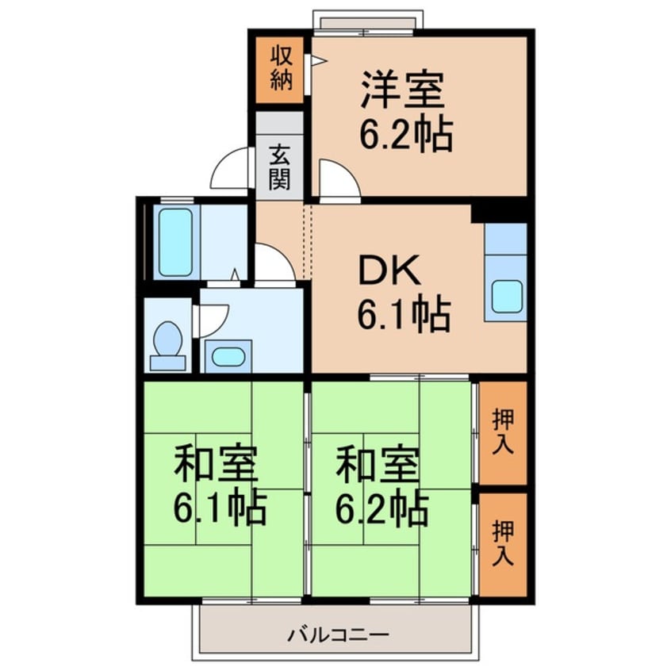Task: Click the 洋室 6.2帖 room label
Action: pyautogui.click(x=405, y=111)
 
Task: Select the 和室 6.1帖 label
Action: pyautogui.click(x=220, y=485)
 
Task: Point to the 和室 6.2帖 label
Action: pyautogui.click(x=382, y=485)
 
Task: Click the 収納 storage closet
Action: pyautogui.click(x=280, y=70)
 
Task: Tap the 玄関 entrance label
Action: pyautogui.click(x=280, y=168)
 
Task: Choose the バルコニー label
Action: pyautogui.click(x=338, y=635)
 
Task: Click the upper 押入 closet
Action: pyautogui.click(x=503, y=432)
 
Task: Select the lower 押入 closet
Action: pyautogui.click(x=503, y=544)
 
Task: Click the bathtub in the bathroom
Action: pyautogui.click(x=175, y=242)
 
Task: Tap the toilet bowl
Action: pyautogui.click(x=168, y=339)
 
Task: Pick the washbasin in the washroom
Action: pyautogui.click(x=228, y=357)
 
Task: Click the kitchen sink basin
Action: pyautogui.click(x=507, y=297)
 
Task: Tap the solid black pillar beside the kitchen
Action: pyautogui.click(x=499, y=213)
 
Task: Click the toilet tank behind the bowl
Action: pyautogui.click(x=168, y=363)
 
